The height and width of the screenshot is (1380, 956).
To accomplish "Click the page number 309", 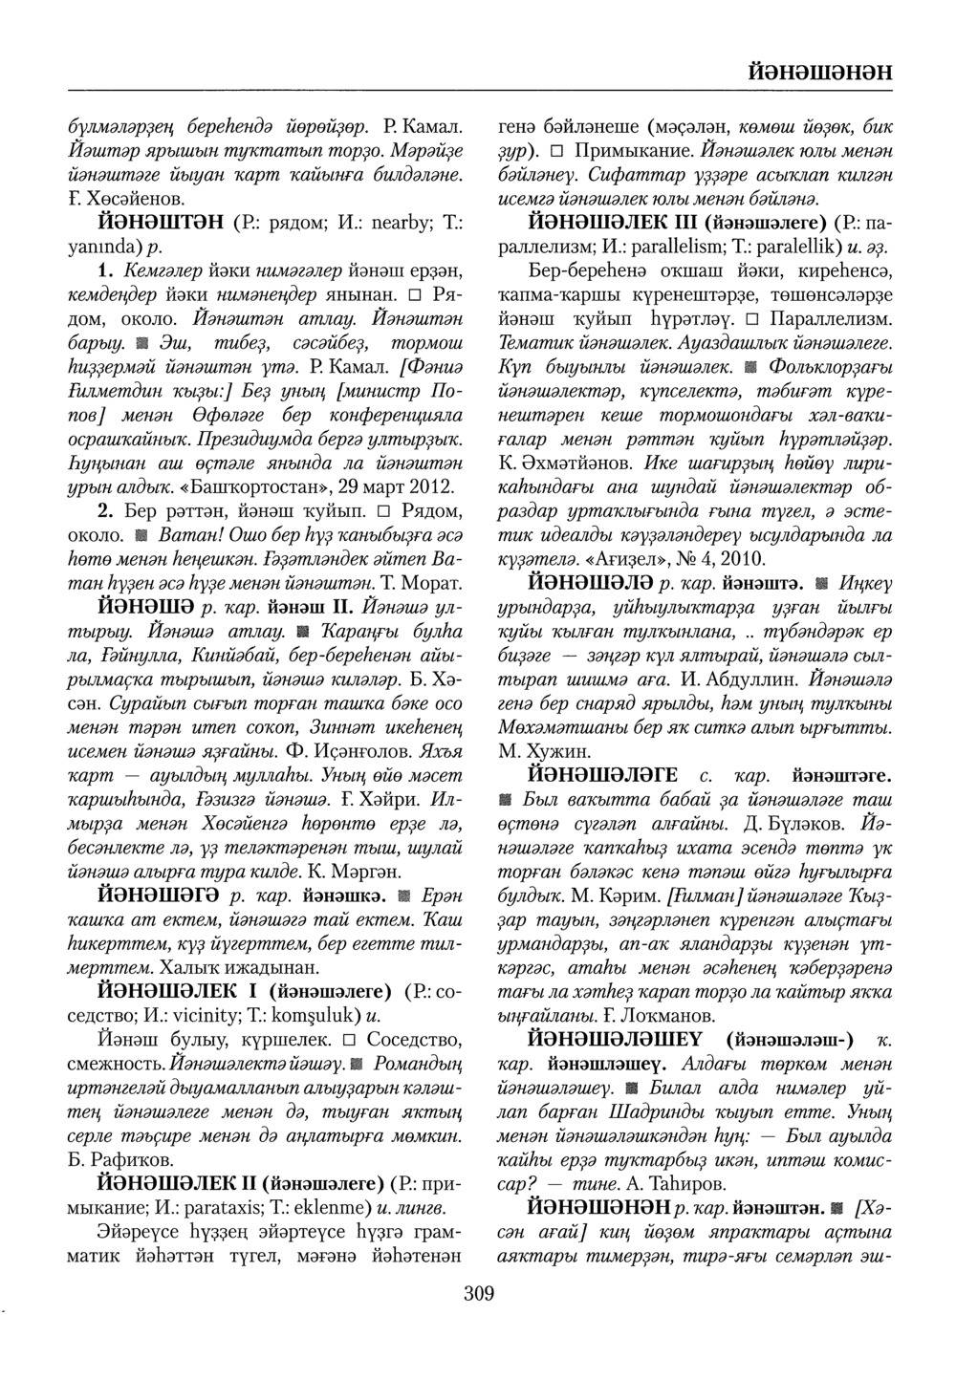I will pyautogui.click(x=478, y=1295).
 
